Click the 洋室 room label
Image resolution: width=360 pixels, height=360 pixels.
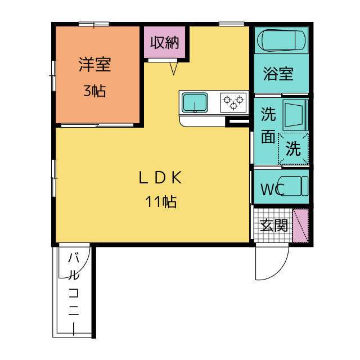[x=94, y=65]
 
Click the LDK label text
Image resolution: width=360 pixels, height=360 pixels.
[x=160, y=178]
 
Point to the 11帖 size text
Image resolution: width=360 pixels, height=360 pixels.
[x=161, y=201]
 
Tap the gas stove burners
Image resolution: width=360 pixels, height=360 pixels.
[x=234, y=101]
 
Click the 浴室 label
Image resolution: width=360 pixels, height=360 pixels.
[x=278, y=74]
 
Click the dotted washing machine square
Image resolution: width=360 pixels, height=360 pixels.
[x=293, y=149]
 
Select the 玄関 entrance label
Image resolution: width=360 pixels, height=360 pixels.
[x=274, y=226]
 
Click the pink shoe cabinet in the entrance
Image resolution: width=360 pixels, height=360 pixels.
[x=301, y=226]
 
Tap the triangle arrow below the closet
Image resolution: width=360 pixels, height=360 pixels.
[x=174, y=69]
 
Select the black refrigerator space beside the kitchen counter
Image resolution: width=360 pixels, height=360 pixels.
[x=237, y=122]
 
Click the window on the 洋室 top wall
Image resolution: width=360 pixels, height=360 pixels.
[x=93, y=24]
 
